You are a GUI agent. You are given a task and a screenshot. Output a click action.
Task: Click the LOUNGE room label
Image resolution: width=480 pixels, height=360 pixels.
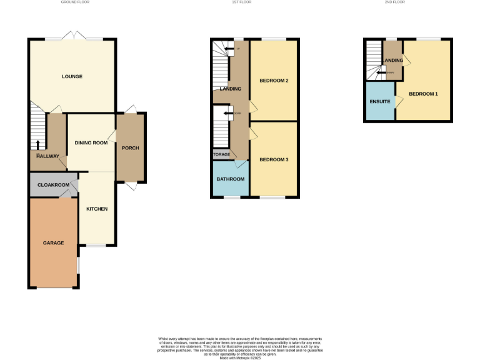[72, 77]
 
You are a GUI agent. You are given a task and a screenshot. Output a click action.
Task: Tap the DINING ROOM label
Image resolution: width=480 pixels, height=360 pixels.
[91, 142]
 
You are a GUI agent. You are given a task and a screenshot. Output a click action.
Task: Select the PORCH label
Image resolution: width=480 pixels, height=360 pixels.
[131, 147]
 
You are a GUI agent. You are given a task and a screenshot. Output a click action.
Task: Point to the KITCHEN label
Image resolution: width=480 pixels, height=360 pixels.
[97, 208]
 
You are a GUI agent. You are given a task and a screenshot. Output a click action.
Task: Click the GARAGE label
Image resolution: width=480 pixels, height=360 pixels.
[53, 242]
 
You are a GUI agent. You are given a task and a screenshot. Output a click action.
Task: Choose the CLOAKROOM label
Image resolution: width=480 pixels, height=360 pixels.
[52, 186]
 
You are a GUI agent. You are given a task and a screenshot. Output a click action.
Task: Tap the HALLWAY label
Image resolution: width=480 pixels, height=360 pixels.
[47, 156]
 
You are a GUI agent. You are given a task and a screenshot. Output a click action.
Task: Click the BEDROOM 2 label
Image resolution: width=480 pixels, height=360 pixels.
[273, 80]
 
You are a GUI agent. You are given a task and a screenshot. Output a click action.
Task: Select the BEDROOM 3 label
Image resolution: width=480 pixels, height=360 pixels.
[273, 159]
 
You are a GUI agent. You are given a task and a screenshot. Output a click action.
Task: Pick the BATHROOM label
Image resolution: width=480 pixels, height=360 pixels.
[231, 179]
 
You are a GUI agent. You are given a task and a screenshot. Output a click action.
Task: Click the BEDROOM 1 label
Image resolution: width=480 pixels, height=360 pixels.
[423, 94]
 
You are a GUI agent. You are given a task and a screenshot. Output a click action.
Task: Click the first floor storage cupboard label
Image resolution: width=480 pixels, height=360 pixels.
[222, 154]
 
